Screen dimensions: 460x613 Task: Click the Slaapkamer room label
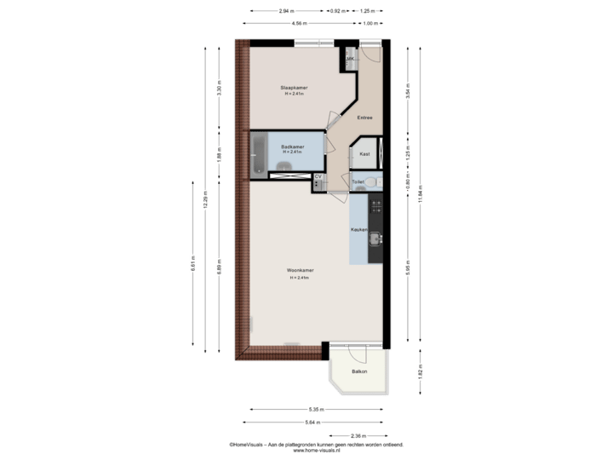[294, 88]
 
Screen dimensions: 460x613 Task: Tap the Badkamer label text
[293, 147]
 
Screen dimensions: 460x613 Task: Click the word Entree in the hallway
[364, 118]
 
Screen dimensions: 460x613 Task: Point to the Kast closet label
[364, 154]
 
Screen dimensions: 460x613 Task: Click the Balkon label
[360, 372]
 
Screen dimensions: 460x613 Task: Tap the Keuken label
[358, 230]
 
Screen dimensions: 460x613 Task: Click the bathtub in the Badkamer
[259, 155]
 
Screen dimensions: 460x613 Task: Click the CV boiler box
[318, 177]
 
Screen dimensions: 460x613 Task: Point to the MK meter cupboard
[350, 59]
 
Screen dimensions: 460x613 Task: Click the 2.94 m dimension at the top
[287, 11]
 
